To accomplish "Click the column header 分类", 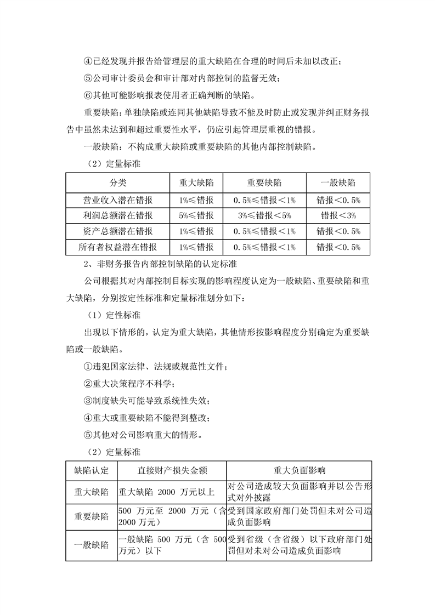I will click(117, 183).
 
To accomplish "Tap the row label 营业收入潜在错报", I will click(117, 199).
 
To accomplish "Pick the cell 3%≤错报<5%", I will click(264, 215).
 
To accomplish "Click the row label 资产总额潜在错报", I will click(117, 231).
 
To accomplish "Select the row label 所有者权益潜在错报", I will click(117, 247).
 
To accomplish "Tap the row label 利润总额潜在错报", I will click(117, 215).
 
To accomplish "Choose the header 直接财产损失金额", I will click(172, 470).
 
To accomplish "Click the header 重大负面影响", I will click(299, 470).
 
